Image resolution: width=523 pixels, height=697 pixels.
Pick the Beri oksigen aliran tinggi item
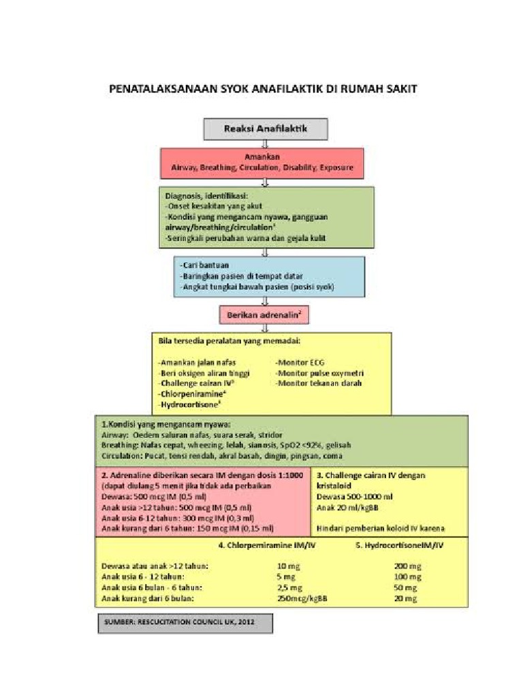pyautogui.click(x=204, y=373)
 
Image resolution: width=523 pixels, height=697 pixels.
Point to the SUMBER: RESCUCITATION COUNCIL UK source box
pyautogui.click(x=185, y=623)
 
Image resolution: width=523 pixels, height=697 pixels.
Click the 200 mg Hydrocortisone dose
pyautogui.click(x=407, y=566)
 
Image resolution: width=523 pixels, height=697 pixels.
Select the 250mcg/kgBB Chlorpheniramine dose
pyautogui.click(x=302, y=598)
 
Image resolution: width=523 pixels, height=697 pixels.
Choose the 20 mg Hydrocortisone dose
pyautogui.click(x=405, y=598)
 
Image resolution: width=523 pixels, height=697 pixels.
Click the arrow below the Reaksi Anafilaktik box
pyautogui.click(x=265, y=143)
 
